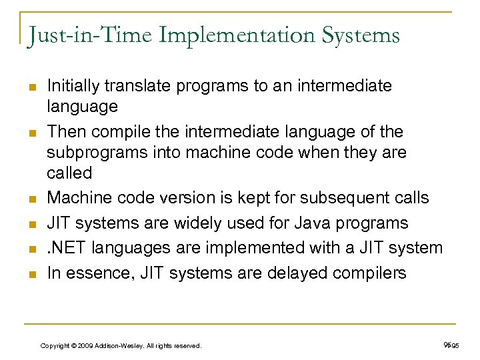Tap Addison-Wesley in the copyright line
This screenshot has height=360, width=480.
pos(119,345)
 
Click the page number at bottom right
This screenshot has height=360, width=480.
pos(451,345)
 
